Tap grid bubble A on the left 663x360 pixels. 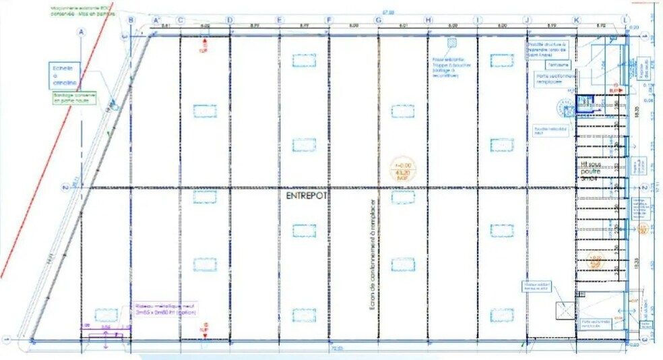(82, 31)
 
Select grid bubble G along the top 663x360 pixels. (378, 20)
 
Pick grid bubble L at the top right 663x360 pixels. (626, 20)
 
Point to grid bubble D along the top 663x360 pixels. (230, 20)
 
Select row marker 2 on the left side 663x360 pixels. (64, 188)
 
